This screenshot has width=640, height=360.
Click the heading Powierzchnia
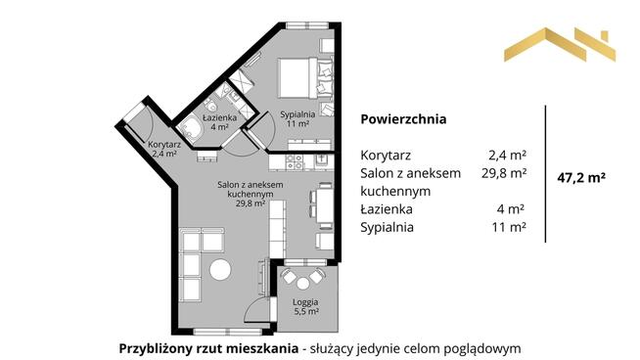click(x=403, y=120)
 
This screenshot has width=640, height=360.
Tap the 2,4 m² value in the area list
click(x=507, y=155)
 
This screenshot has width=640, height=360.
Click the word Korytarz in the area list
click(x=386, y=155)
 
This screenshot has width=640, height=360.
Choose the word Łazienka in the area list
click(x=388, y=208)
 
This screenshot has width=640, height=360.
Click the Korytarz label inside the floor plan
click(x=162, y=148)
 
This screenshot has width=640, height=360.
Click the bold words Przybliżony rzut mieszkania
click(x=206, y=347)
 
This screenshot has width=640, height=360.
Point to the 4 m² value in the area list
click(x=513, y=208)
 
